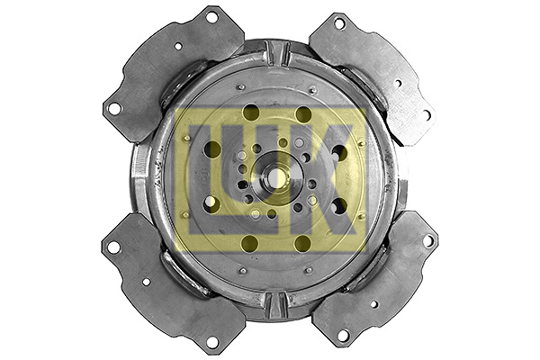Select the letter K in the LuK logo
319,179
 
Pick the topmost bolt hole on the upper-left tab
211,17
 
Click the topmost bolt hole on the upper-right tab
339,23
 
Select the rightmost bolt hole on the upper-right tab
427,115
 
